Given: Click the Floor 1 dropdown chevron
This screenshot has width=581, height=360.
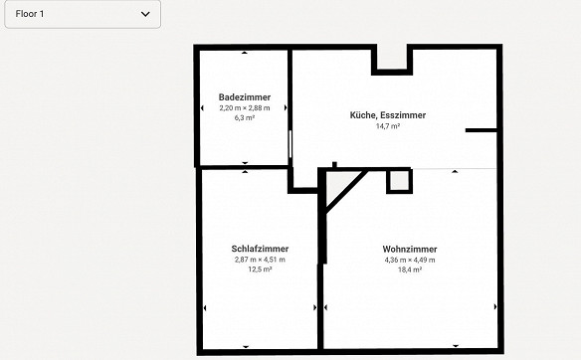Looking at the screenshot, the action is pos(145,14).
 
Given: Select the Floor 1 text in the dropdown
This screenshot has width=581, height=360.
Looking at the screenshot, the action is pos(30,14).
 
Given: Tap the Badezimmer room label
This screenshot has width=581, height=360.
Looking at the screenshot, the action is pos(245,97).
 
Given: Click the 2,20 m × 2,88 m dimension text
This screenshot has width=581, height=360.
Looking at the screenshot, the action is pos(245,108).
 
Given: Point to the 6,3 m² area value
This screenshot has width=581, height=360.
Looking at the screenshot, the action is pos(245,117).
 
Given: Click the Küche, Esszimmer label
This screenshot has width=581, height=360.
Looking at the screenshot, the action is pos(388,115).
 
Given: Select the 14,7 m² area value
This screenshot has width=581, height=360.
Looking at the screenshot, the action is pos(388,126).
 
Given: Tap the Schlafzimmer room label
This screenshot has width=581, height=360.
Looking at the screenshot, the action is pos(260,249).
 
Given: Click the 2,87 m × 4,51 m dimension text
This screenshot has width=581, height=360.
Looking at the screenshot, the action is pos(260,260).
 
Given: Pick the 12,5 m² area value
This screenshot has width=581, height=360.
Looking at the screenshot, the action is pos(260,270).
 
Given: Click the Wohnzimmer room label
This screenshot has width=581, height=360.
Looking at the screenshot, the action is pos(410,249).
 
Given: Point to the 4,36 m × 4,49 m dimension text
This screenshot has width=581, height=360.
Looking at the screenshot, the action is pos(410,260).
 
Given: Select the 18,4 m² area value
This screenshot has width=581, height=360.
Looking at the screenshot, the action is pos(410,270).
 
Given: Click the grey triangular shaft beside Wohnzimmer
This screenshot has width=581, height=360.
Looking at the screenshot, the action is pos(337,185).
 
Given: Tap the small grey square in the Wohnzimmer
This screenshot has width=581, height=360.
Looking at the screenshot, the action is pos(399,181).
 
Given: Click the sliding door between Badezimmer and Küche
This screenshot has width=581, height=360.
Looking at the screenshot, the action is pos(290,144).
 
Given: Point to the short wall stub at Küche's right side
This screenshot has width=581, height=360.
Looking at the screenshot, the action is pos(481,130).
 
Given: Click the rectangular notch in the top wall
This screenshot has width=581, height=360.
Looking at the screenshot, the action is pos(392,60).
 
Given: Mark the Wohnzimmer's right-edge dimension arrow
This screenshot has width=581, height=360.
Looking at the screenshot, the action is pos(495,306).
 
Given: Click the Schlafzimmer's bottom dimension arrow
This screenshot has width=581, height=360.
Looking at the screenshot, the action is pos(246,347).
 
